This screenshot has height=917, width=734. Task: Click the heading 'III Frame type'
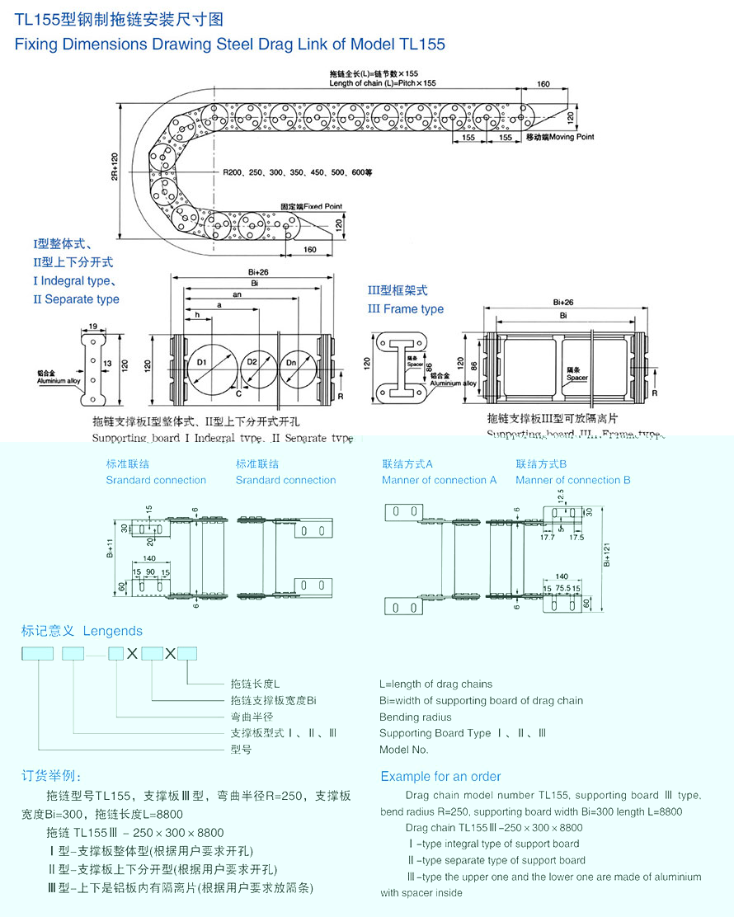405,309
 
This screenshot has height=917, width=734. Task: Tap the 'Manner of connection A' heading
439,480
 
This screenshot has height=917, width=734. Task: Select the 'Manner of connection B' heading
572,480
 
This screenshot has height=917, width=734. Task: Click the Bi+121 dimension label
608,555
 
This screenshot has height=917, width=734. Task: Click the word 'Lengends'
112,631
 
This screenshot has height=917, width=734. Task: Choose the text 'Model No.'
404,750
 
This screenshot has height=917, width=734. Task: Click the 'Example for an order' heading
440,776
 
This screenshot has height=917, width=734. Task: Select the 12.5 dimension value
560,496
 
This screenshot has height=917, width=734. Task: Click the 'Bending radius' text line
416,717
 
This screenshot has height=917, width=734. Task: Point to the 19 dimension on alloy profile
92,327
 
